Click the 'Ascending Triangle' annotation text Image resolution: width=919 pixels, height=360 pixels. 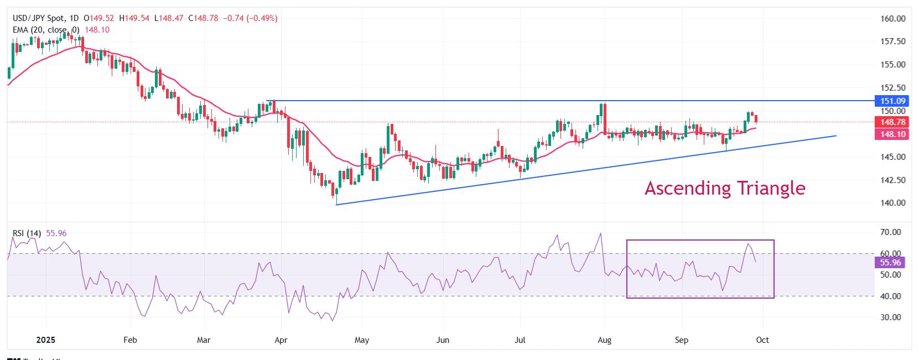click(x=725, y=189)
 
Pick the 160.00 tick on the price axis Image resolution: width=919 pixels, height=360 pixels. click(x=892, y=18)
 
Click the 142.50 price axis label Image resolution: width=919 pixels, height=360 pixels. click(x=892, y=180)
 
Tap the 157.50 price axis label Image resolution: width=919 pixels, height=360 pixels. click(x=892, y=41)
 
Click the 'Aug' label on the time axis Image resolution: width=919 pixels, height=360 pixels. click(x=605, y=340)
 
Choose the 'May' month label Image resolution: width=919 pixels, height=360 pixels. click(x=361, y=340)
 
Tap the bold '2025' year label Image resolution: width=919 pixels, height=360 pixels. click(x=46, y=340)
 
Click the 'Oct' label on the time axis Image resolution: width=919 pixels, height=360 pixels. click(x=762, y=340)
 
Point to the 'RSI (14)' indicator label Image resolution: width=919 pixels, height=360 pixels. click(x=27, y=233)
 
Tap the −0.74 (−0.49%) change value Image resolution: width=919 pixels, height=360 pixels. click(x=250, y=18)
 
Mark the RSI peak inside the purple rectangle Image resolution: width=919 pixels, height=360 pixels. click(x=748, y=244)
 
